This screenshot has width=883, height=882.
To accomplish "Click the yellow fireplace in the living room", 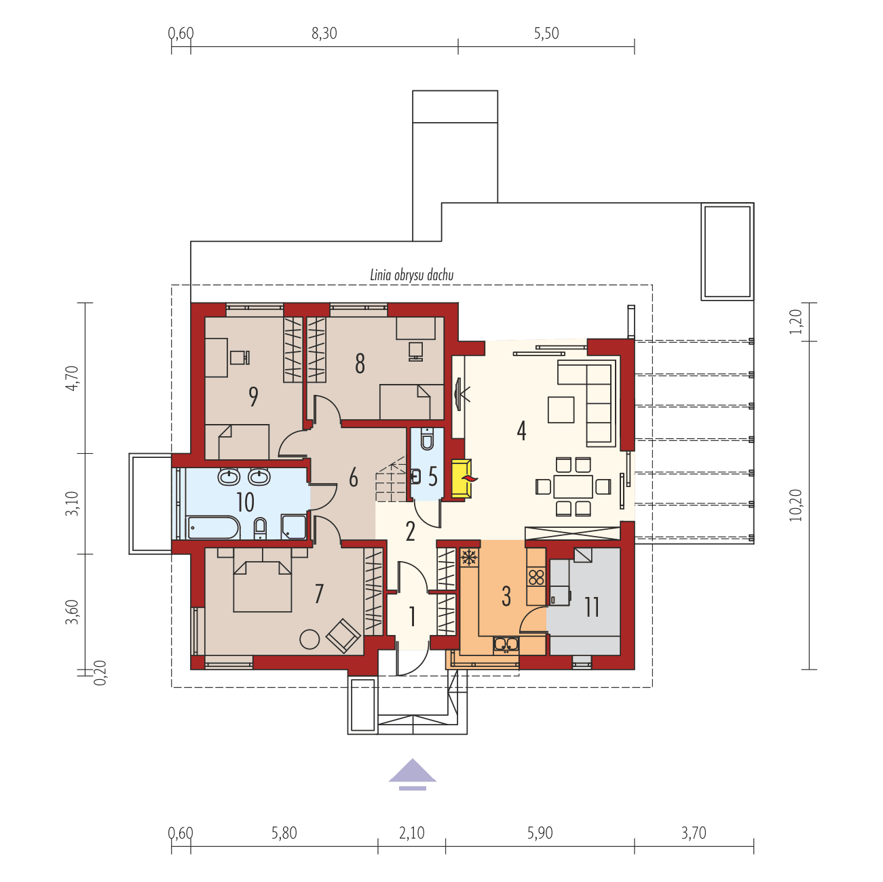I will pyautogui.click(x=462, y=479).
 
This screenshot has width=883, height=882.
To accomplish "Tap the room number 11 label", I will pyautogui.click(x=592, y=608).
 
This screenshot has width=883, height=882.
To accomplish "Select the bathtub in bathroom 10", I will pyautogui.click(x=213, y=527).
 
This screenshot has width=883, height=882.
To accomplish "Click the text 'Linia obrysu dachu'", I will pyautogui.click(x=411, y=275).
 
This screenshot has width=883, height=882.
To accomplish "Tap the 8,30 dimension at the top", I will pyautogui.click(x=324, y=33).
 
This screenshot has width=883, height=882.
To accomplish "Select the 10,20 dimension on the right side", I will pyautogui.click(x=795, y=505).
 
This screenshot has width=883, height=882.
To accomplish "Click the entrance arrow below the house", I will pyautogui.click(x=413, y=773).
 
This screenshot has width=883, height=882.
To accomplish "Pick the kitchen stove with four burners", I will pyautogui.click(x=536, y=577).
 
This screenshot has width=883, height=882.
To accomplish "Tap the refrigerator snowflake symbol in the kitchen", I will pyautogui.click(x=468, y=558).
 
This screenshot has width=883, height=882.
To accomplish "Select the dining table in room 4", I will pyautogui.click(x=573, y=486).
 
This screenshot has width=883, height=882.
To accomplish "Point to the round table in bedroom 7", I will pyautogui.click(x=309, y=639).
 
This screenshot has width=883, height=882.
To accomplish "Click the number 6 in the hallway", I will pyautogui.click(x=353, y=478).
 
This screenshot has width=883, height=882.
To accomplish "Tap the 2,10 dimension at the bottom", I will pyautogui.click(x=412, y=832).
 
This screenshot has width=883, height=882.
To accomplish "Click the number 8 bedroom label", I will pyautogui.click(x=360, y=364).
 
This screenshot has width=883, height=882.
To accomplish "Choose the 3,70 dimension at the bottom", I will pyautogui.click(x=694, y=832).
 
